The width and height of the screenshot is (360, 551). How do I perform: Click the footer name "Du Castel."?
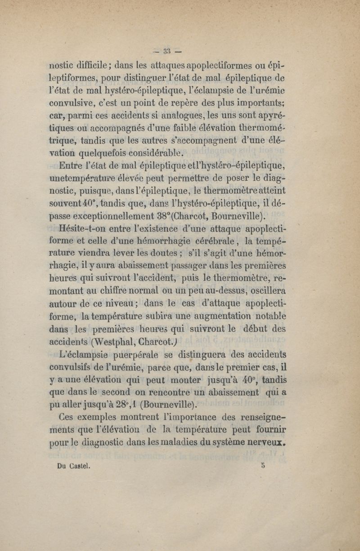(x=72, y=466)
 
